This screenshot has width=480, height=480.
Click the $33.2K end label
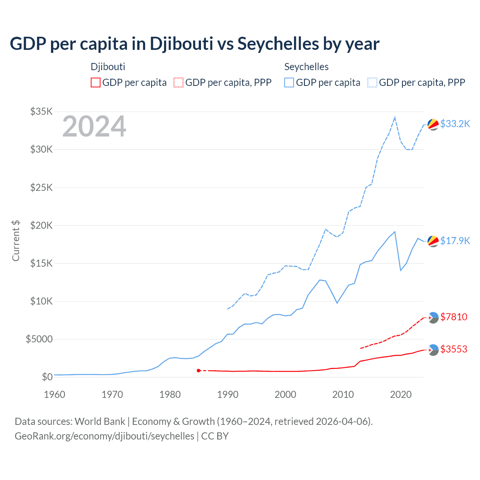coord(455,124)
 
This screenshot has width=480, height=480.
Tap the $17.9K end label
coord(455,241)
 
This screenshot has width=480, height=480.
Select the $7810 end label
coord(454,317)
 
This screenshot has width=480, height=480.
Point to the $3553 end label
coord(454,349)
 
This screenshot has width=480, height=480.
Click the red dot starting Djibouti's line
coord(199,370)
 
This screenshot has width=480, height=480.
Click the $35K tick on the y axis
coord(42,111)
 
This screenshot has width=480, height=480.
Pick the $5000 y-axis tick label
coord(39,339)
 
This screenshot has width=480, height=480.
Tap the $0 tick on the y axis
coord(47,377)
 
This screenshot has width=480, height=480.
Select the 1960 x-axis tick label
coord(55,394)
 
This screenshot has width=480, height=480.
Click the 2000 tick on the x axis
coord(285,394)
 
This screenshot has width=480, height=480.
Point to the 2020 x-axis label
coord(401,394)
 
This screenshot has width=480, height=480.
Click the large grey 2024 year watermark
coord(94,126)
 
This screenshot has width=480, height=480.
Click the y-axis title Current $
coord(16,241)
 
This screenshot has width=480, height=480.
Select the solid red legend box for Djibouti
coord(96,82)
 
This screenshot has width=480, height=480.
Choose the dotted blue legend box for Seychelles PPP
coord(372,82)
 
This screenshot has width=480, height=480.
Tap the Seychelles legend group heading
coord(306,67)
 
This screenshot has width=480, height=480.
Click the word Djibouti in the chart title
coord(181,43)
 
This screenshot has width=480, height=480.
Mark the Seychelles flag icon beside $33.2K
coord(433,124)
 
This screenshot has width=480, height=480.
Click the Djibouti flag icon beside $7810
coord(433,318)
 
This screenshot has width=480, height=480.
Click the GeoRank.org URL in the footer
coord(104,436)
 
